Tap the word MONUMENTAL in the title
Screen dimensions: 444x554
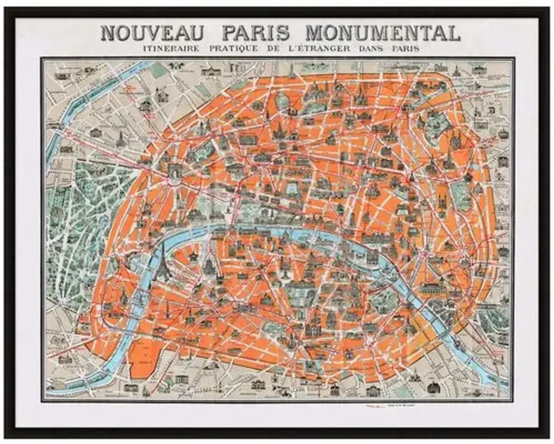(x=383, y=33)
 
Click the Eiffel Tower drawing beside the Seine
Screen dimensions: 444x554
(x=163, y=263)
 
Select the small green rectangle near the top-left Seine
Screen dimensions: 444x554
(x=159, y=69)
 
